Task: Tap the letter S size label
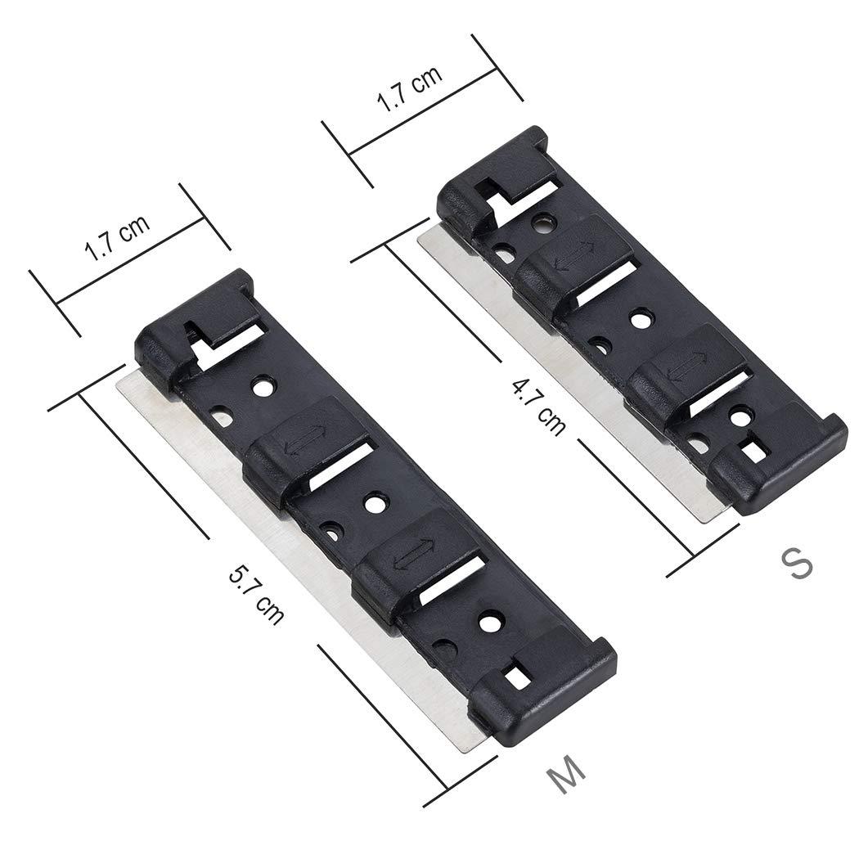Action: (x=795, y=563)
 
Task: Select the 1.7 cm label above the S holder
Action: (x=409, y=88)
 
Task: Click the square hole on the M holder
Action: (x=515, y=677)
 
